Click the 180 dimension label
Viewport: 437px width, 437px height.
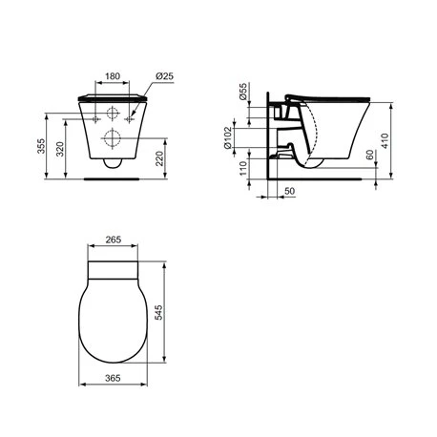pyautogui.click(x=113, y=76)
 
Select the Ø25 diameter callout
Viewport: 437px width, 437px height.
pyautogui.click(x=164, y=76)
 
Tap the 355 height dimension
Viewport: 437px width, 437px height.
pyautogui.click(x=42, y=146)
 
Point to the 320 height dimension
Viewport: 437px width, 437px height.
pyautogui.click(x=60, y=149)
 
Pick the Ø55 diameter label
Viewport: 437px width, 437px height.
pyautogui.click(x=243, y=92)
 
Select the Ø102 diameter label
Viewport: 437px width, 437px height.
pyautogui.click(x=228, y=137)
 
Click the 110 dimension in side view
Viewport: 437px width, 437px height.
pyautogui.click(x=243, y=169)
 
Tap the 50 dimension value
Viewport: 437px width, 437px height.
pyautogui.click(x=289, y=191)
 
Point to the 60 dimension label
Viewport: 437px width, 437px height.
pyautogui.click(x=370, y=155)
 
